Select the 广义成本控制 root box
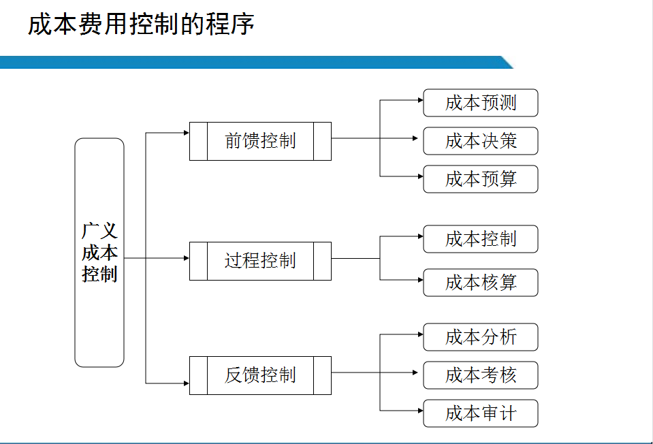(x=99, y=253)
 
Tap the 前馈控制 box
(x=260, y=141)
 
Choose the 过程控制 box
(x=260, y=261)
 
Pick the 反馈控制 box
(x=260, y=375)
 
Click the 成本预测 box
(x=481, y=103)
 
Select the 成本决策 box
(x=481, y=141)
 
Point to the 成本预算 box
(x=481, y=179)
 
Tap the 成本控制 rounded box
(x=481, y=239)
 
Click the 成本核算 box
(x=481, y=283)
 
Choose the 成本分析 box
(x=481, y=337)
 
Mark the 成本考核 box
(x=481, y=375)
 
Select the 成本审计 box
(x=481, y=413)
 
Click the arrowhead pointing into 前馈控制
(x=186, y=133)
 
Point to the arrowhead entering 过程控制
(x=186, y=258)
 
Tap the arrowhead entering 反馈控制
(x=186, y=383)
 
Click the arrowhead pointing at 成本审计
(x=419, y=411)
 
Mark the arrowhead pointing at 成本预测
(x=419, y=100)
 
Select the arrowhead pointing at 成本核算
(x=419, y=280)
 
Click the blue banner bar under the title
(x=252, y=63)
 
